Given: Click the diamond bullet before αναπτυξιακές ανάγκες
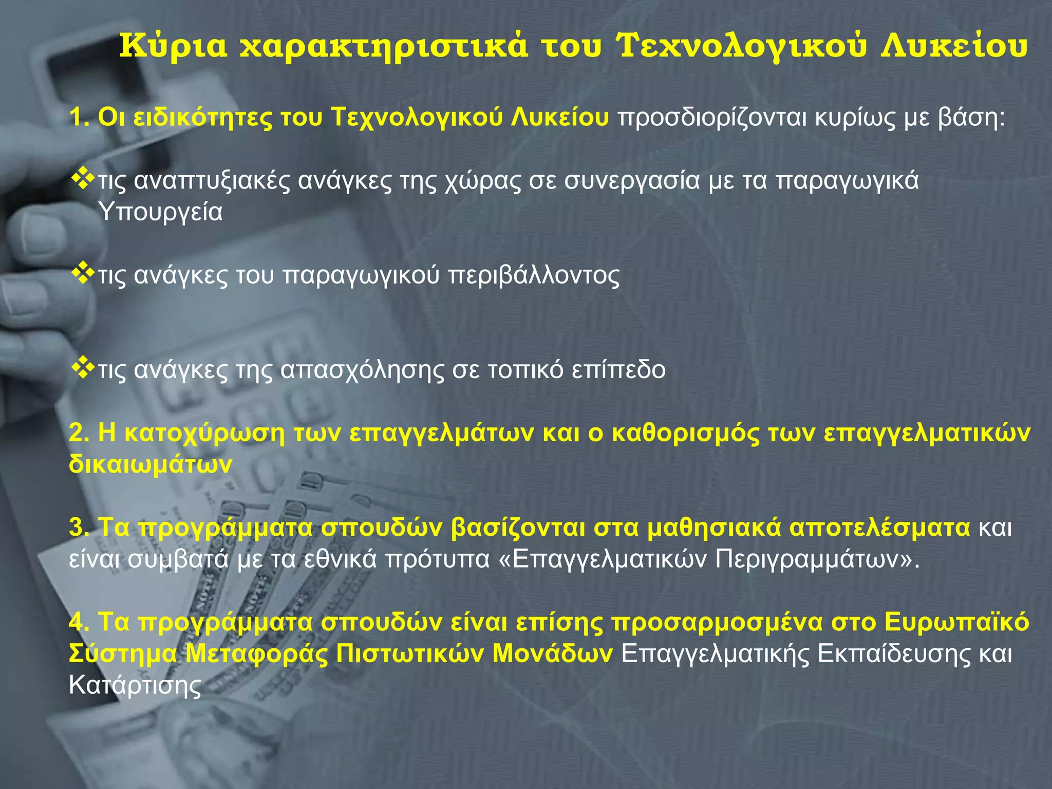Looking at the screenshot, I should pos(82,179).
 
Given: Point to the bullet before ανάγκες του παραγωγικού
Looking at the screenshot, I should pos(82,274).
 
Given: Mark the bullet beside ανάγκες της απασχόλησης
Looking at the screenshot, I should pos(82,368).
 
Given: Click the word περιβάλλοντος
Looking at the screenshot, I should pos(534,275).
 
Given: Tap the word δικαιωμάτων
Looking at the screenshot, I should pos(151,464).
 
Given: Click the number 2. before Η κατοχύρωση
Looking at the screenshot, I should pos(79,433).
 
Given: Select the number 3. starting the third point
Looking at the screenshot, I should pos(79,528).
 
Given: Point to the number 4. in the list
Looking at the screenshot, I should pos(79,622).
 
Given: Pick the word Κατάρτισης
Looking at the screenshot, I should pos(135,685).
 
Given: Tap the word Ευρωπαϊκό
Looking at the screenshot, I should pos(957,622).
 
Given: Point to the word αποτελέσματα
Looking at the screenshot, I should pos(879,528).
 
